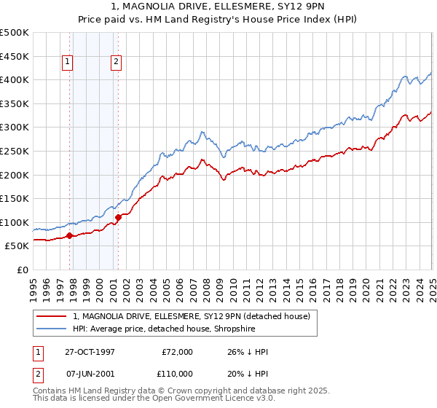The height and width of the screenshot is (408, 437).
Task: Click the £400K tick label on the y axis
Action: pos(15,79)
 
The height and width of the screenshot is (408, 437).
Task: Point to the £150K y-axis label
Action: pos(15,198)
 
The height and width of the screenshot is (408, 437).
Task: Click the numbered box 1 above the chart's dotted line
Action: pos(67,63)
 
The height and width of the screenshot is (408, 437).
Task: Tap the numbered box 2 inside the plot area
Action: pos(116,63)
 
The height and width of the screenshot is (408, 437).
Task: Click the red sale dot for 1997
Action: pos(70,235)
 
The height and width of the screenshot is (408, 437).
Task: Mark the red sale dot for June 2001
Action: pos(118,217)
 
